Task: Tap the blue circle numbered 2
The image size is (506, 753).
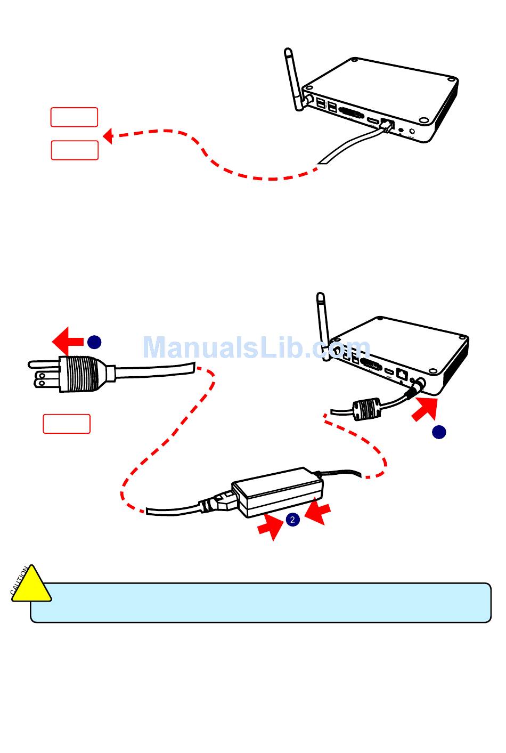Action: [x=292, y=519]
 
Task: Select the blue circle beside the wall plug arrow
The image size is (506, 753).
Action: [x=94, y=342]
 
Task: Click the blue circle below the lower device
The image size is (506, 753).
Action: [x=439, y=432]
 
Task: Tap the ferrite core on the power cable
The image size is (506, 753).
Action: [x=367, y=409]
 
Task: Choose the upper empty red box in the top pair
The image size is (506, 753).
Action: [x=74, y=117]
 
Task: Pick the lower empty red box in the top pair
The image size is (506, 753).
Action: [x=75, y=150]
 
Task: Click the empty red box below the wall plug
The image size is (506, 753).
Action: [x=67, y=424]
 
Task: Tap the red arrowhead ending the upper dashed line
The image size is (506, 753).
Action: [x=108, y=136]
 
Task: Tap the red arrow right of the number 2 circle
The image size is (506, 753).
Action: [x=317, y=512]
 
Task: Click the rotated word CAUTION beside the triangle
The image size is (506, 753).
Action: [x=19, y=581]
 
